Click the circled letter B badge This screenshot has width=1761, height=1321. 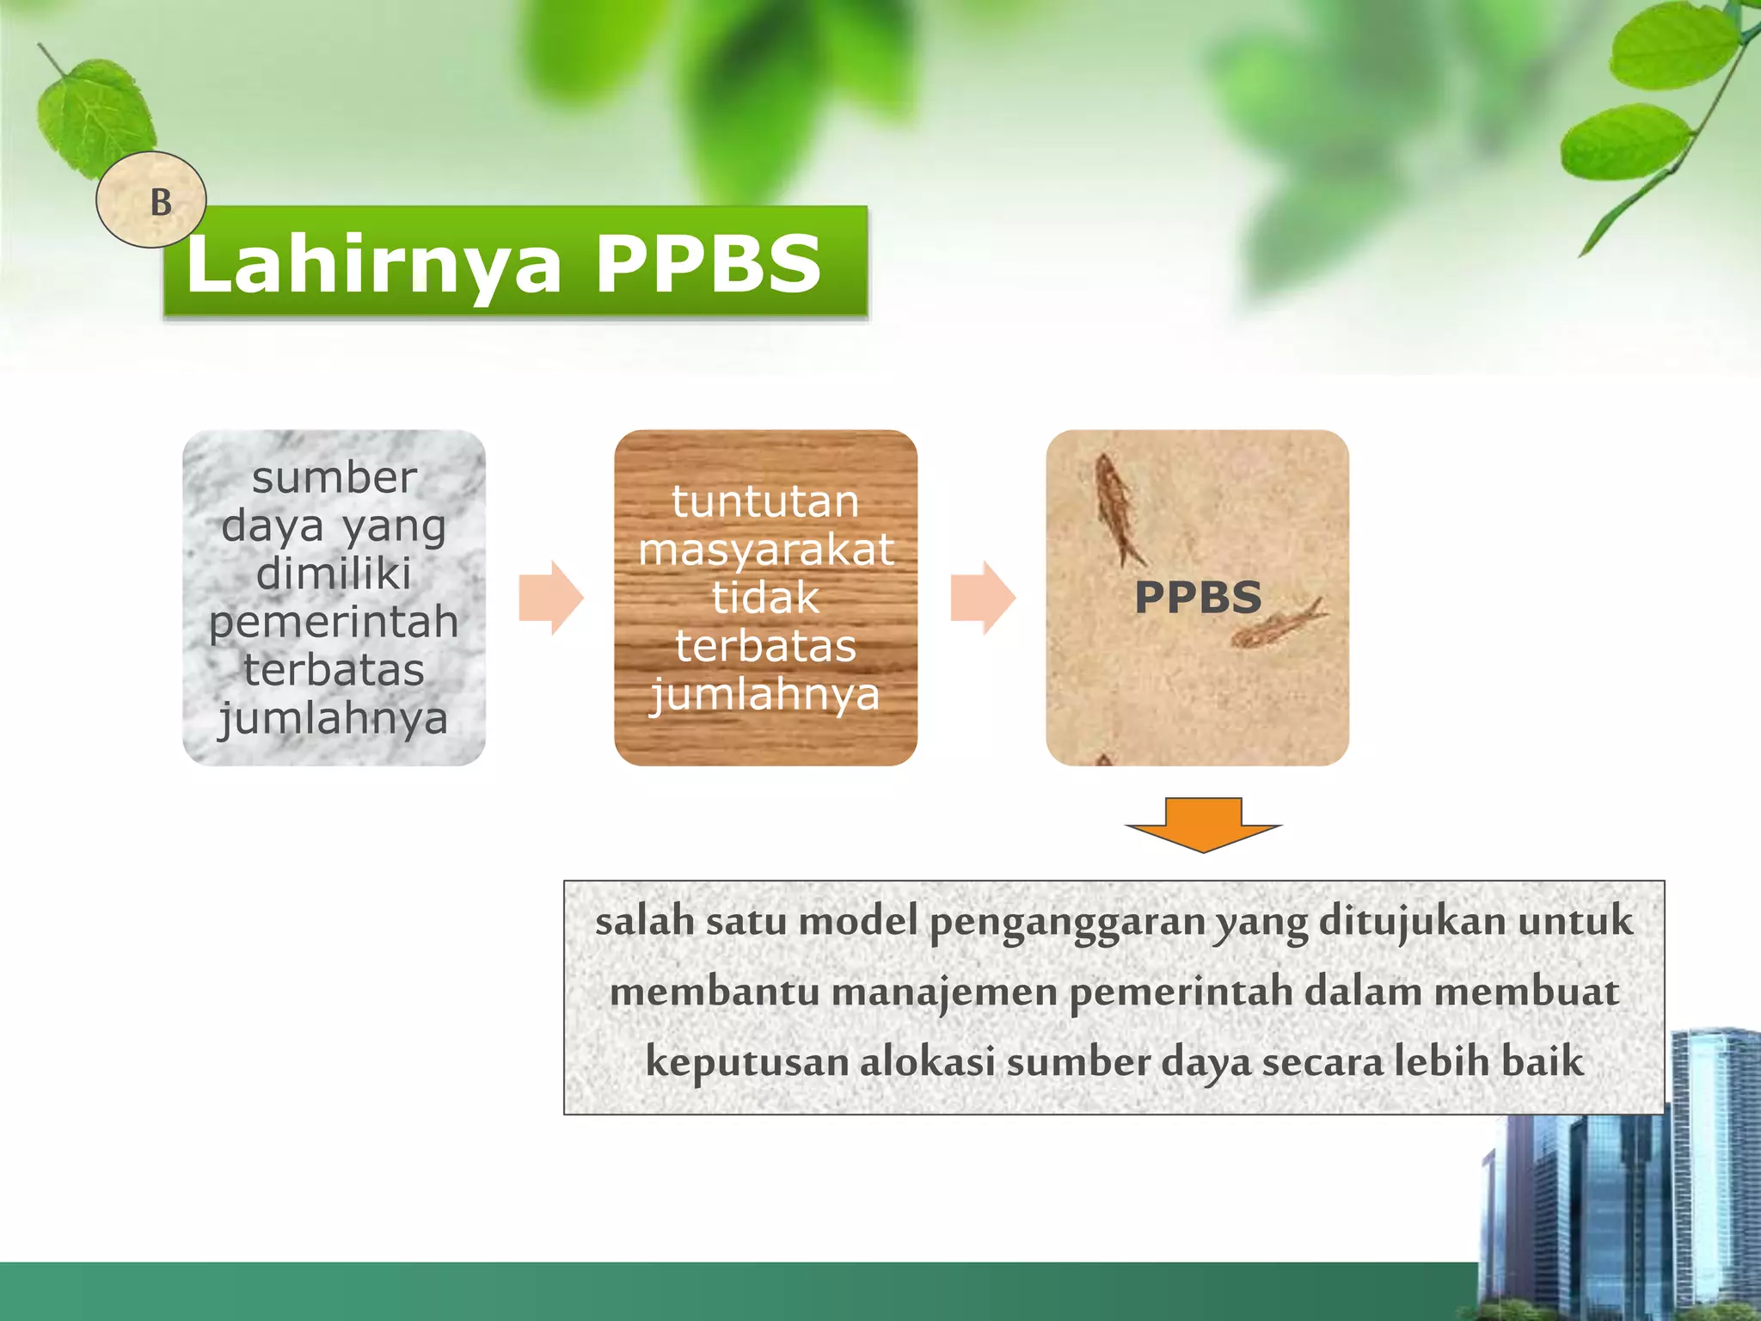coord(151,200)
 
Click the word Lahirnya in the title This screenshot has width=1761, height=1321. coord(373,265)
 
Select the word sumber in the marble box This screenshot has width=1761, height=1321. coord(334,478)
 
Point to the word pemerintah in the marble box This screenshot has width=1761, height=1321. coord(334,622)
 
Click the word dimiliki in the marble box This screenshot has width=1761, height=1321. coord(334,574)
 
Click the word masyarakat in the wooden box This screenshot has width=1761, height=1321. coord(765,550)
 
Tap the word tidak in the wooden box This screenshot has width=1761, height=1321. coord(765,598)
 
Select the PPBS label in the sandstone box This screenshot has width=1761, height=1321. coord(1198,598)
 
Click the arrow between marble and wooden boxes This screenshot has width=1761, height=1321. coord(551,598)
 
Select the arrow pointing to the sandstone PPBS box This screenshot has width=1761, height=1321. coord(983,598)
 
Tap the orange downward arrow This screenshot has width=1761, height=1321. coord(1203,824)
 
